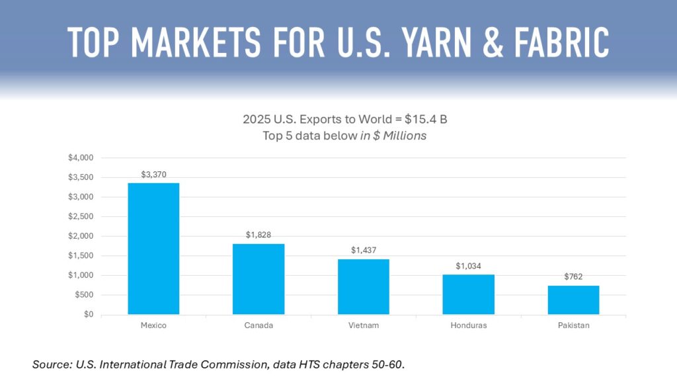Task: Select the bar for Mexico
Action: [153, 248]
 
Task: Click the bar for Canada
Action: [259, 278]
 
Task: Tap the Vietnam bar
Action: [364, 286]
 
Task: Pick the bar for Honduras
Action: [468, 294]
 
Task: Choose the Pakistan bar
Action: [573, 300]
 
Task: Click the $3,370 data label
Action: [153, 175]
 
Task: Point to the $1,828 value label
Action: [259, 235]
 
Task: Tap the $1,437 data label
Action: [364, 250]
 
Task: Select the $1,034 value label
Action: [468, 266]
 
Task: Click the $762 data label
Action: [573, 276]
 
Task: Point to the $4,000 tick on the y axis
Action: [81, 158]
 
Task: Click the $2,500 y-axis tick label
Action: [81, 216]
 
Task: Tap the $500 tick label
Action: [85, 295]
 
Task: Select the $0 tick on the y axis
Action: [89, 315]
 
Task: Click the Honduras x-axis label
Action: [468, 326]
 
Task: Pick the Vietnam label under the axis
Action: [364, 326]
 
